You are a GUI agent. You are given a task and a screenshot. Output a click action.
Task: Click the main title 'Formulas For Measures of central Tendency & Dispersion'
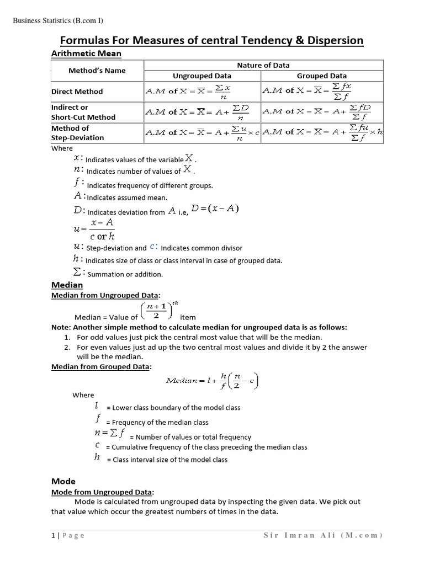click(211, 40)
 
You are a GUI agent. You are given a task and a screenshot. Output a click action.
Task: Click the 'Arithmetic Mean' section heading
click(86, 54)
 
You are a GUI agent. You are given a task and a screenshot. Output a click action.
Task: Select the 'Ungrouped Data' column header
click(202, 76)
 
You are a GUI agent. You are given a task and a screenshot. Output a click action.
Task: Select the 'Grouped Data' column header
click(321, 76)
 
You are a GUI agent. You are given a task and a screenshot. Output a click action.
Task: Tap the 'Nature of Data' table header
click(263, 65)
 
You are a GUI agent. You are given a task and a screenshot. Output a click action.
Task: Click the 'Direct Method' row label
click(77, 92)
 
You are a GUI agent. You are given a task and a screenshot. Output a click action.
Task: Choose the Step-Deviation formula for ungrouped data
click(202, 132)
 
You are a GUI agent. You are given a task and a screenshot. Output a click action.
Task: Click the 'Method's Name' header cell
click(97, 71)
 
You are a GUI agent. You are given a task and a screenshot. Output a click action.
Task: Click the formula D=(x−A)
click(215, 209)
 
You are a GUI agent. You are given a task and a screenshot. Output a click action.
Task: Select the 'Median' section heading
click(67, 285)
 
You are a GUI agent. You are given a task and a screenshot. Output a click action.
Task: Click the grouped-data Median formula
click(212, 380)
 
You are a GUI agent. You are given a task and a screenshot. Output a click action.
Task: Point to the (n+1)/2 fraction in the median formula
click(157, 312)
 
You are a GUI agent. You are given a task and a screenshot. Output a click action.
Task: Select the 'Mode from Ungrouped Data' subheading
click(102, 492)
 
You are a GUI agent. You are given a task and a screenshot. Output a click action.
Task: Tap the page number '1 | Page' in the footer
click(68, 536)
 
